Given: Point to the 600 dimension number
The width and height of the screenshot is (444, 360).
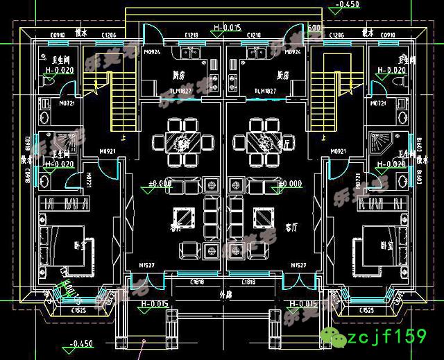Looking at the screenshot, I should [x=313, y=28].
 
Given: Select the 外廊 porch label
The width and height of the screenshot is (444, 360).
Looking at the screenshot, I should [x=223, y=294].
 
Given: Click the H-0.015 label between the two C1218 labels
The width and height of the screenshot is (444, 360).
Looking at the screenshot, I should [x=227, y=28].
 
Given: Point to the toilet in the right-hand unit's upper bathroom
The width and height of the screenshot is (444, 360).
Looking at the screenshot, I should [x=400, y=82].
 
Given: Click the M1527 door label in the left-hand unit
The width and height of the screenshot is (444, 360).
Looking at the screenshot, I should [x=146, y=266].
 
